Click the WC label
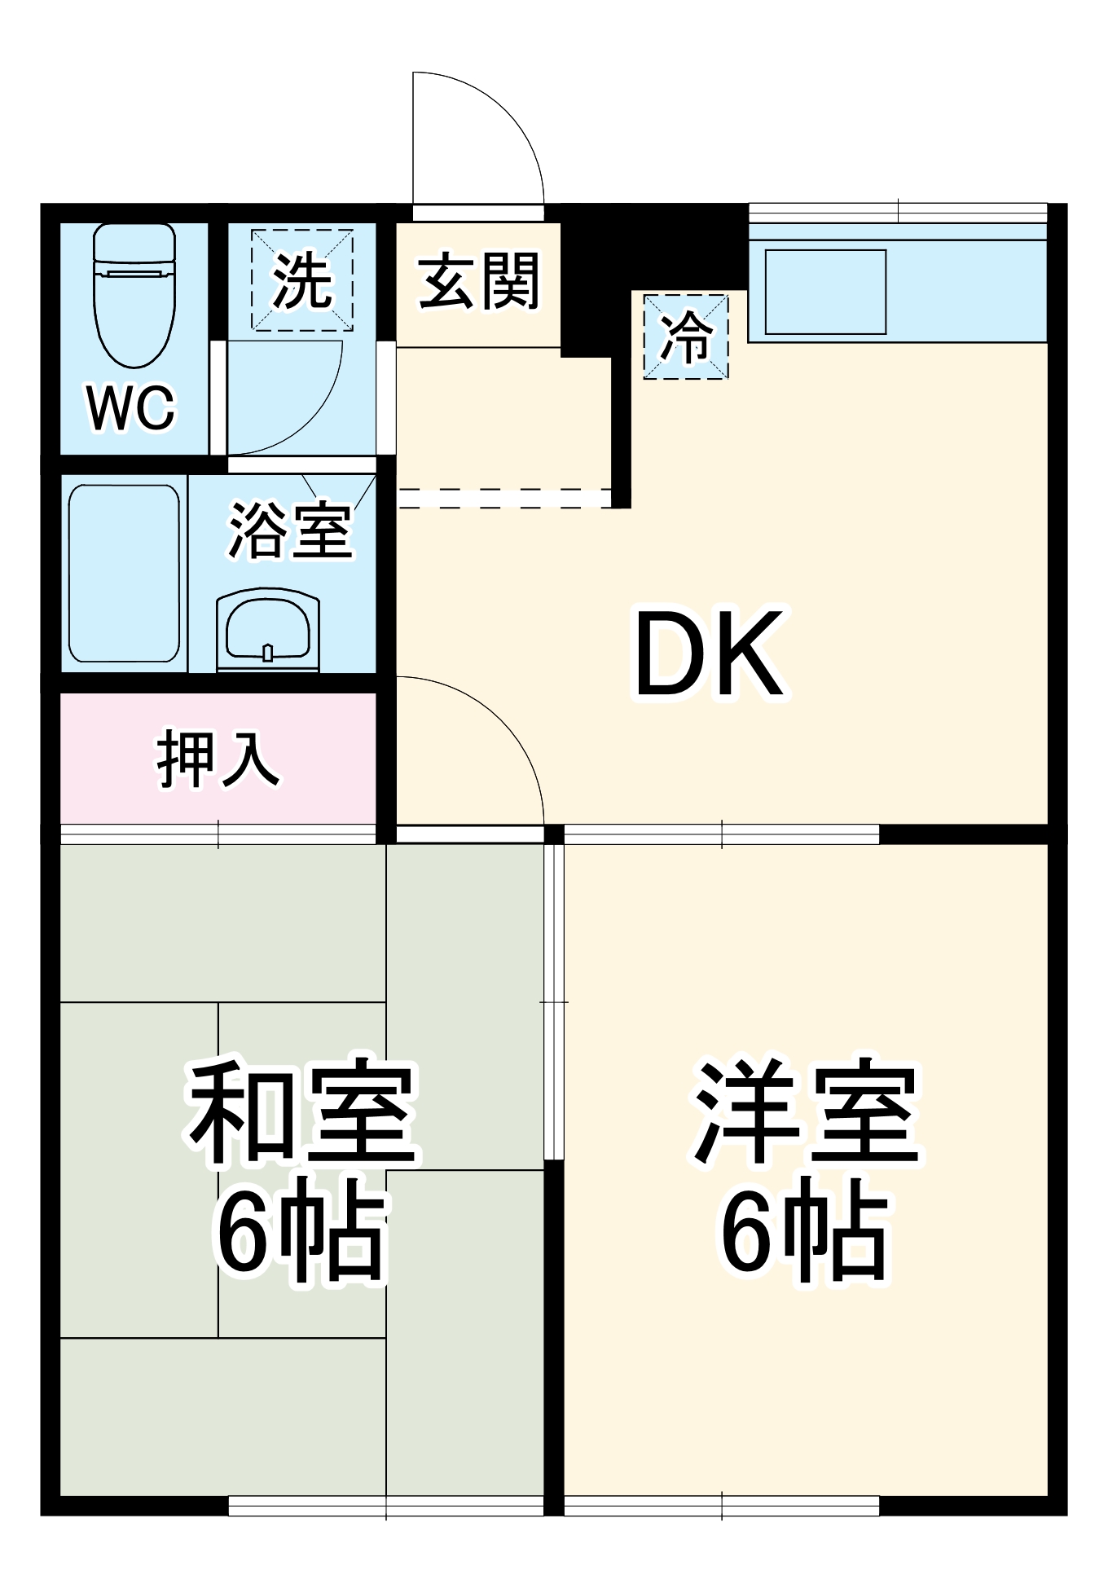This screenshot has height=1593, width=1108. tap(131, 407)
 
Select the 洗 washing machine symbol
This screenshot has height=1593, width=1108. tap(302, 280)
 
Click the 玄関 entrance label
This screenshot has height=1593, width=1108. tap(479, 281)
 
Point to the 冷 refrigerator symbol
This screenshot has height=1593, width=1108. tap(686, 337)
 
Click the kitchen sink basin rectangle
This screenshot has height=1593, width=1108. tap(824, 292)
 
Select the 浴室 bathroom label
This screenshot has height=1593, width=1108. tap(290, 530)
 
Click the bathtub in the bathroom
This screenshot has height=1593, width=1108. tap(124, 573)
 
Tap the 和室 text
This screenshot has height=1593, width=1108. tap(301, 1111)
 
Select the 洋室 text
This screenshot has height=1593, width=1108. tap(806, 1111)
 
